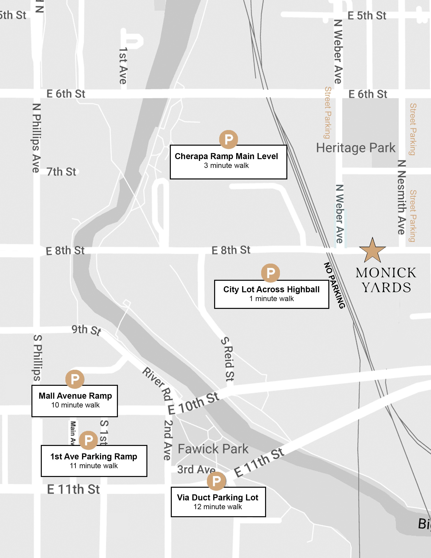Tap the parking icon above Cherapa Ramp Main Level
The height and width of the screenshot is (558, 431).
pos(228,139)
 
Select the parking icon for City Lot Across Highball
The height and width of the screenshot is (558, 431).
pos(270,273)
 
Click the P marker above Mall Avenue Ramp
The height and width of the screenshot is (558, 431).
pos(75,379)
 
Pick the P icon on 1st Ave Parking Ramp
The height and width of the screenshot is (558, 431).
pos(88,440)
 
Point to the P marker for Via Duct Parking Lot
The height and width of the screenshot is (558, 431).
pos(216,481)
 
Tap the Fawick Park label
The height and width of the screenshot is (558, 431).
pos(213,449)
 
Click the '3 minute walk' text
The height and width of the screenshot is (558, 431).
pos(226,166)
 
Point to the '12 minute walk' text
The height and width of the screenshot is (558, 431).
pos(217,507)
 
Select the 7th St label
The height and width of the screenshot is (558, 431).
pos(61,172)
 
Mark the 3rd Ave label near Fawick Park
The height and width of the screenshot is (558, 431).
pos(196,469)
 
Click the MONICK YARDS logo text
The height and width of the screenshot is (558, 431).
pos(386,280)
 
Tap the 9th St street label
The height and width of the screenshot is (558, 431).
pos(86,330)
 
